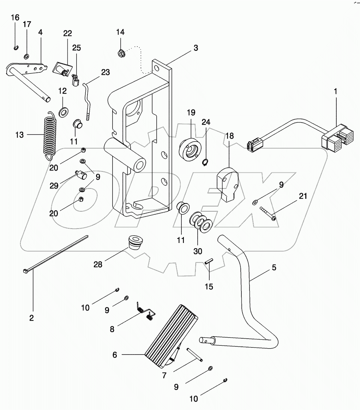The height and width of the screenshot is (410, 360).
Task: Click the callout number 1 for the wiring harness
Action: pos(335,91)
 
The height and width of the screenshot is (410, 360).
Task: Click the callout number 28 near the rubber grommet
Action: pos(98,264)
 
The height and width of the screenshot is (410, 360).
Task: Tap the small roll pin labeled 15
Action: pos(208,262)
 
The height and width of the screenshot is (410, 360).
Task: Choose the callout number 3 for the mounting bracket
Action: pos(196,48)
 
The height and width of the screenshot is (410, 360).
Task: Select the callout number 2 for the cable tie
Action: pos(31,318)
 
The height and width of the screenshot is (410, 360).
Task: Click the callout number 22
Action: pos(67,33)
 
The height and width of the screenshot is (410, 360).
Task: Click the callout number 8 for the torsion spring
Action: pos(112,329)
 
